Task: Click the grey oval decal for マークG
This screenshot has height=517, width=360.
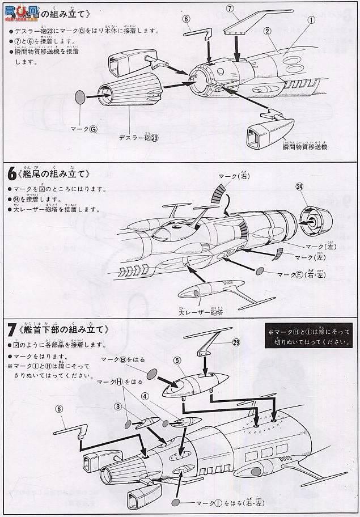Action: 82,96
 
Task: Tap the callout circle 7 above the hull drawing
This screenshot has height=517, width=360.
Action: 230,9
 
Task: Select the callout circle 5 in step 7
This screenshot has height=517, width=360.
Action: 177,359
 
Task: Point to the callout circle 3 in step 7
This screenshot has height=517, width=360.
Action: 118,406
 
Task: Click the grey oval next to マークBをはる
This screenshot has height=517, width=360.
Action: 151,374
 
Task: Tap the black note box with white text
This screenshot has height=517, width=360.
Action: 308,337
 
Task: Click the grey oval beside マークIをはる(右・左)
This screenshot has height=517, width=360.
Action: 177,502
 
